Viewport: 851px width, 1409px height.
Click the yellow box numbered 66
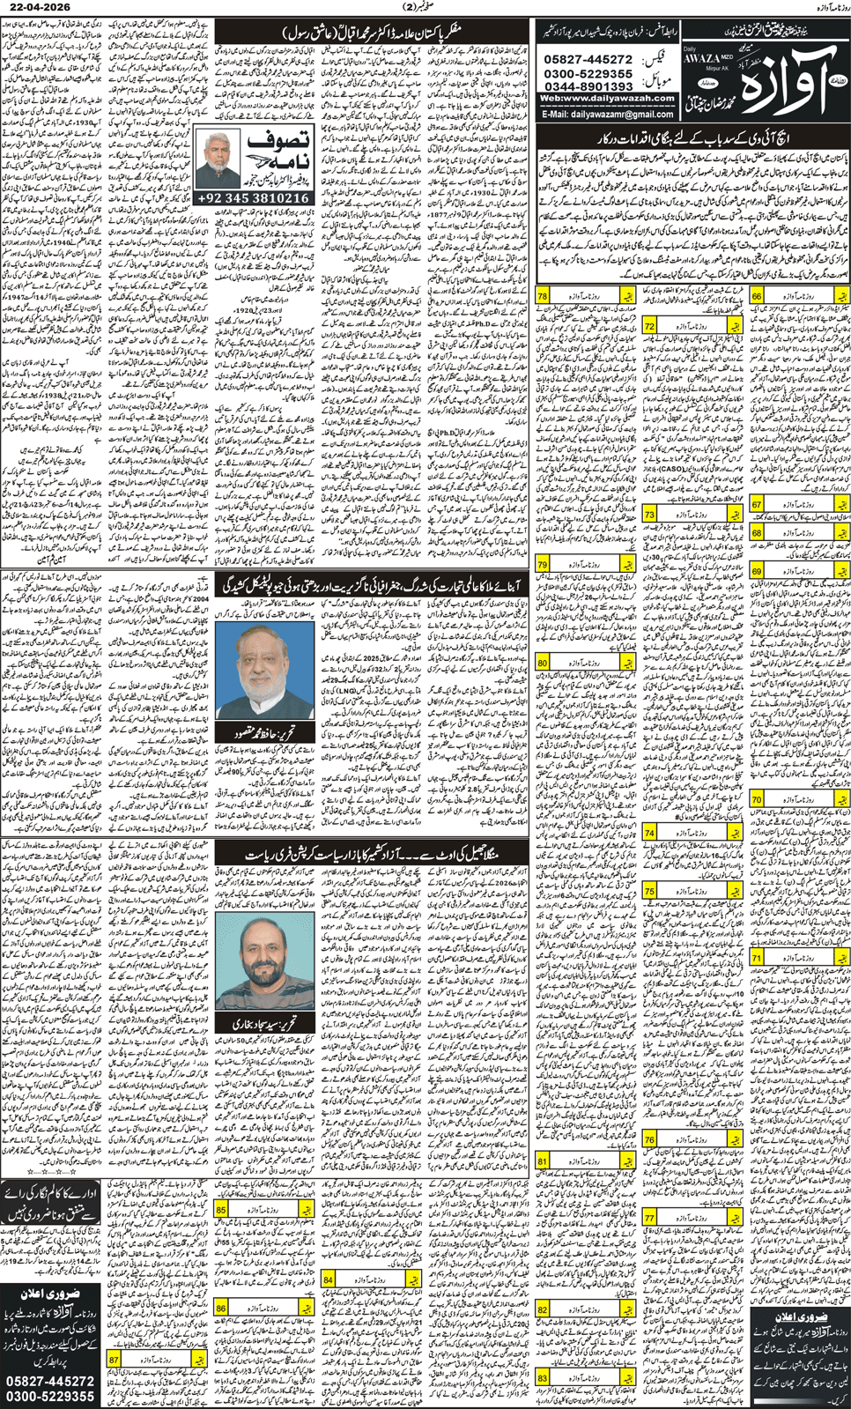tap(757, 297)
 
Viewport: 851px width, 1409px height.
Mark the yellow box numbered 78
tap(543, 297)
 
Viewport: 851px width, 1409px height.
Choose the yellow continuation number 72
tap(650, 326)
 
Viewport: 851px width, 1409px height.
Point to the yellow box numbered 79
tap(543, 563)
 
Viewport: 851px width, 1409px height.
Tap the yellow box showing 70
tap(757, 799)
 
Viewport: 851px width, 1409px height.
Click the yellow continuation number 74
tap(650, 833)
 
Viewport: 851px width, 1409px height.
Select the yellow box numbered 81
tap(543, 1161)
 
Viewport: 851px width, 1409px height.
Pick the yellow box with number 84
tap(328, 1279)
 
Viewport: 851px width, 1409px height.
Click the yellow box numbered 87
tap(115, 1360)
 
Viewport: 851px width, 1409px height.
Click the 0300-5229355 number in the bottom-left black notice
tap(50, 1396)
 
